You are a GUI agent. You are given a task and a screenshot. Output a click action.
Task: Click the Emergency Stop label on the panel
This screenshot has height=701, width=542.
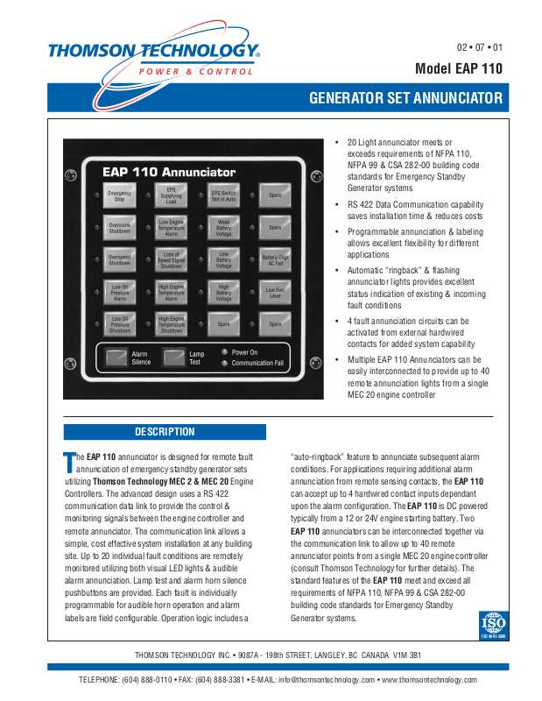[x=119, y=196]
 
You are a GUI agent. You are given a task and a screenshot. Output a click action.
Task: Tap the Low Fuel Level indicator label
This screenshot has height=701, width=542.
[x=275, y=291]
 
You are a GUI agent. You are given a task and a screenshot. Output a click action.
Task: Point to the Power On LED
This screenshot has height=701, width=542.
[x=225, y=351]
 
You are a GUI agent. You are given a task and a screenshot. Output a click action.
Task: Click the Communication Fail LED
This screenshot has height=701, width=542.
[x=225, y=363]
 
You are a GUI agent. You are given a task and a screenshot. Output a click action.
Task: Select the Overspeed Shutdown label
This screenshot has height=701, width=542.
[x=119, y=259]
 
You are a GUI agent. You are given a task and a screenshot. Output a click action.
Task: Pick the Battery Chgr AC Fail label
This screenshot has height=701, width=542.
[x=275, y=259]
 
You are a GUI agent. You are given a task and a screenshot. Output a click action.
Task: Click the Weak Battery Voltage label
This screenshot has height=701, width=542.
[x=223, y=228]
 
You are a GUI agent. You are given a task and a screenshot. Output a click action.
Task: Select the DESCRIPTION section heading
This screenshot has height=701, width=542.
[x=165, y=432]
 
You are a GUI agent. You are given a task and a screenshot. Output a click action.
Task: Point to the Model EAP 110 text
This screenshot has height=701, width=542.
[x=459, y=68]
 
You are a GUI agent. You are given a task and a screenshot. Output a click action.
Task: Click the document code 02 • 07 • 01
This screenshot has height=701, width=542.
[x=480, y=46]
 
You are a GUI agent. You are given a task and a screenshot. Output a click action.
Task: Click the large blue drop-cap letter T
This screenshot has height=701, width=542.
[x=70, y=460]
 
